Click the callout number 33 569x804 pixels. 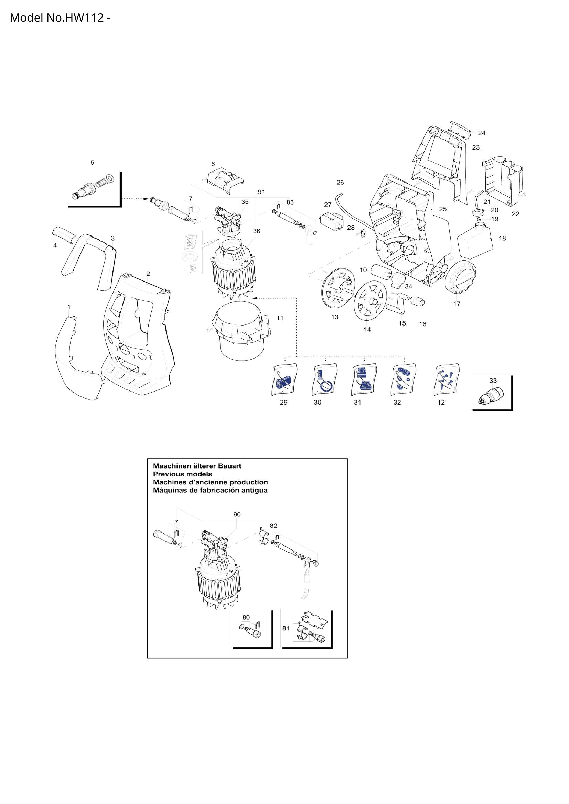[493, 380]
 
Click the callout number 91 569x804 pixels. [261, 192]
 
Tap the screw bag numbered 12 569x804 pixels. [447, 379]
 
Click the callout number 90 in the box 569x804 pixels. [237, 515]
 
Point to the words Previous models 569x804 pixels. [182, 474]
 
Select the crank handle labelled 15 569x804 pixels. [398, 304]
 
